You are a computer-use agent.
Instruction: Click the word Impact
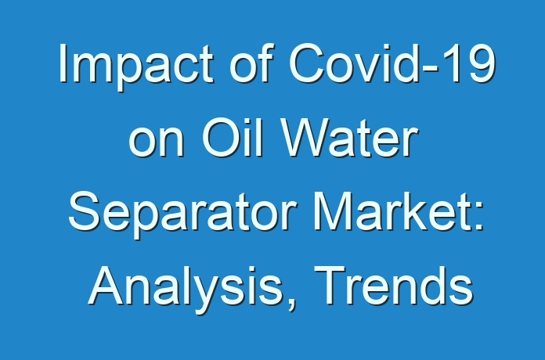coord(136,67)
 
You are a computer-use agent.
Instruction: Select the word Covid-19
coord(392,63)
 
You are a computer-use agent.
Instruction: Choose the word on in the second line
coord(156,142)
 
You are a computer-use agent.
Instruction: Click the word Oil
coord(232,136)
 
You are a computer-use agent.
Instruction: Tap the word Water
coord(350,136)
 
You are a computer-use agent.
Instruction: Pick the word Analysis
coord(186,290)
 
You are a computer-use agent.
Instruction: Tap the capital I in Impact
coord(63,63)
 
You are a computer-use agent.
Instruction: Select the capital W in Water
coord(307,137)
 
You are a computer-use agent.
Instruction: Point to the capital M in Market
coord(333,211)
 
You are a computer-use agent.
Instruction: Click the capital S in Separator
coord(85,211)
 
